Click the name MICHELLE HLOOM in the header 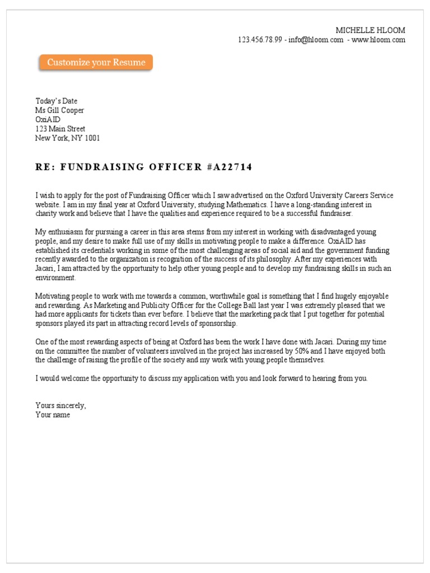click(x=370, y=30)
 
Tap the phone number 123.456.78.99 click(x=260, y=40)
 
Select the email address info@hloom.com click(x=316, y=40)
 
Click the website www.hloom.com click(x=378, y=40)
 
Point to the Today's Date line click(x=56, y=101)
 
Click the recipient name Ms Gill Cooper click(x=60, y=111)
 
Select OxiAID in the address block click(x=48, y=120)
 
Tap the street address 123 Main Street click(x=60, y=129)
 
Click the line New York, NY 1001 click(x=68, y=138)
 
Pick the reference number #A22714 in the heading click(x=230, y=167)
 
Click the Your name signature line click(x=53, y=415)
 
